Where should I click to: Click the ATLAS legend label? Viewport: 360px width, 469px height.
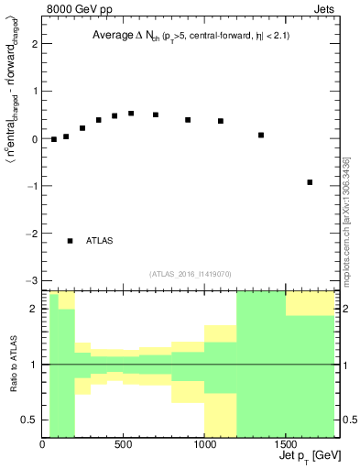100,241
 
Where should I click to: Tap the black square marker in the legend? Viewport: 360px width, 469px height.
71,241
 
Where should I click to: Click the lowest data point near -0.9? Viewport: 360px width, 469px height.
310,182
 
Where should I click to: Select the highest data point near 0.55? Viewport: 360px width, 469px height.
131,114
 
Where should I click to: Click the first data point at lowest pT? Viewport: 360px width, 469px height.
54,139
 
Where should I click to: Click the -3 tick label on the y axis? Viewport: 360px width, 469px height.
33,280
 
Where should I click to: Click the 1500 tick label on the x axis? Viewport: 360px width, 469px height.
286,446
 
